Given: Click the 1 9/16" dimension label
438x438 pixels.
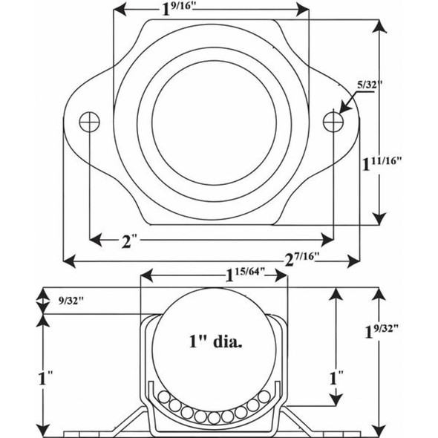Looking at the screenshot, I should (180, 10).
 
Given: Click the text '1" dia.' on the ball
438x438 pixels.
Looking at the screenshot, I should (215, 342).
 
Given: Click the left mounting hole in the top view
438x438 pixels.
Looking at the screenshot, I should (89, 120).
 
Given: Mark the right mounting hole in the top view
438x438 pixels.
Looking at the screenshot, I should (333, 120).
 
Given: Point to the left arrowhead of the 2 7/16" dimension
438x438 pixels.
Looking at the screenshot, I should (68, 260).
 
